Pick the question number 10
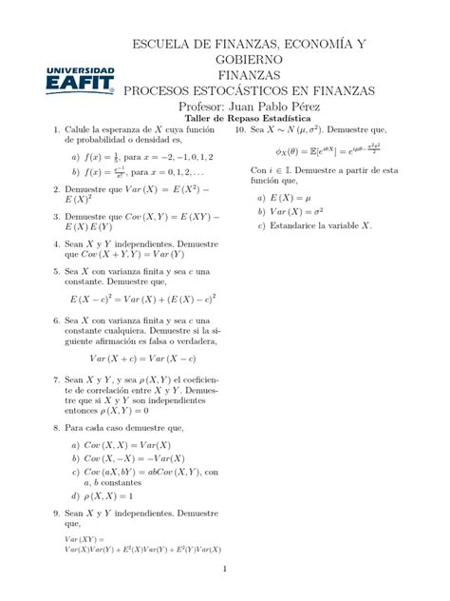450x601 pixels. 240,129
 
